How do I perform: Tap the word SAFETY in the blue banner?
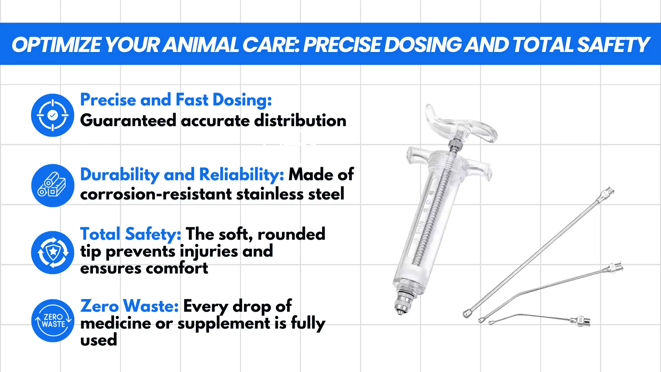point(613,45)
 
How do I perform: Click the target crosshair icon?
point(53,115)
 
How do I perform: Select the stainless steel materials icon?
point(53,185)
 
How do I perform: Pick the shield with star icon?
point(53,252)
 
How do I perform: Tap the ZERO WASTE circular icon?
point(53,320)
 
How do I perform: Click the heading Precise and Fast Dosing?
point(176,100)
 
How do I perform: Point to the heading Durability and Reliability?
point(182,175)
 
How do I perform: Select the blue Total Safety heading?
point(131,234)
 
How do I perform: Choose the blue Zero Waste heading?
point(129,306)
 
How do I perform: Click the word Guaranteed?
point(128,121)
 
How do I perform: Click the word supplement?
point(224,324)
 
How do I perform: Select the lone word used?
point(99,340)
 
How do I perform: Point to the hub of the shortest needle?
point(581,321)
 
